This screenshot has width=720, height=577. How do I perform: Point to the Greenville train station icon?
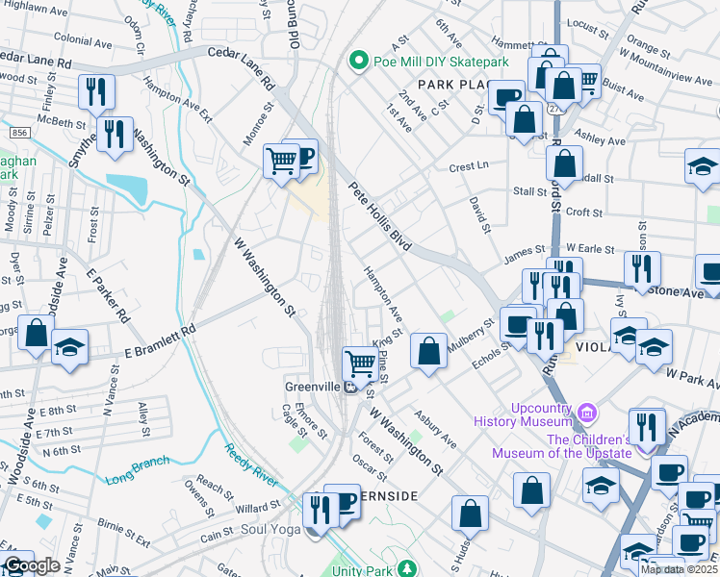pyautogui.click(x=353, y=388)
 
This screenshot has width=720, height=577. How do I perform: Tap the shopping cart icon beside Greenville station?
pyautogui.click(x=360, y=364)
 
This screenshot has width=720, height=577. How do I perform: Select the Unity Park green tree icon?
pyautogui.click(x=408, y=568)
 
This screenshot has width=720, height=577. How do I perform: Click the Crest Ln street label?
pyautogui.click(x=470, y=166)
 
